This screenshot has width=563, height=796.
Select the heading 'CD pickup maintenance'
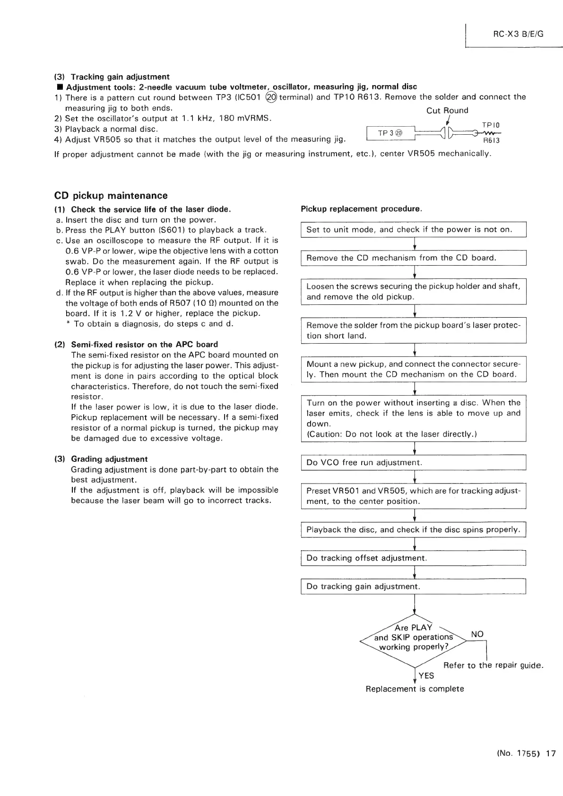tap(111, 196)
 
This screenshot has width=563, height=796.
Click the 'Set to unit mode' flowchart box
tap(414, 230)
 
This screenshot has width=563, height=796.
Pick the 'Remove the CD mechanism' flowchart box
tap(414, 258)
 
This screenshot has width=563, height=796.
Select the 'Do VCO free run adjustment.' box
tap(414, 462)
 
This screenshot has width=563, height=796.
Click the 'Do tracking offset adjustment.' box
tap(414, 558)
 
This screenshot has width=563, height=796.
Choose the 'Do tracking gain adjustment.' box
tap(414, 587)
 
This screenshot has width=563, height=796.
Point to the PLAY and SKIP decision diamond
tap(414, 637)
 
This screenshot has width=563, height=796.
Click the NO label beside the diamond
tap(477, 634)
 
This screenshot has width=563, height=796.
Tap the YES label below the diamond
tap(426, 676)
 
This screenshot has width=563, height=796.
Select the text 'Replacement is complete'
tap(415, 689)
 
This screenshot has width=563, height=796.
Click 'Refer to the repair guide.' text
tap(494, 666)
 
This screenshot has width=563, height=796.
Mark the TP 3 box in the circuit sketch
tap(390, 134)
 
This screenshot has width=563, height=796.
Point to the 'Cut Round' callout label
tap(447, 111)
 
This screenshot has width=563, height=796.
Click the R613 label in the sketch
tap(491, 141)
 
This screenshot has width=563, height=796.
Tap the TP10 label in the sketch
tap(491, 125)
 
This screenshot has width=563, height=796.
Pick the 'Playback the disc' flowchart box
tap(414, 530)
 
